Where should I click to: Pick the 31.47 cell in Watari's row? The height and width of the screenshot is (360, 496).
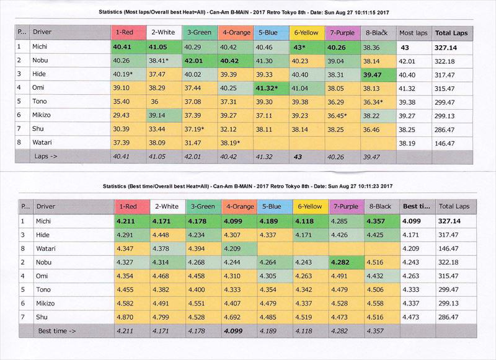pyautogui.click(x=198, y=143)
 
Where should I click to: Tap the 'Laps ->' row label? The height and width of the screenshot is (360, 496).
pyautogui.click(x=46, y=157)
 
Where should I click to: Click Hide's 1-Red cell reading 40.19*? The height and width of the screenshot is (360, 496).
pyautogui.click(x=125, y=74)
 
